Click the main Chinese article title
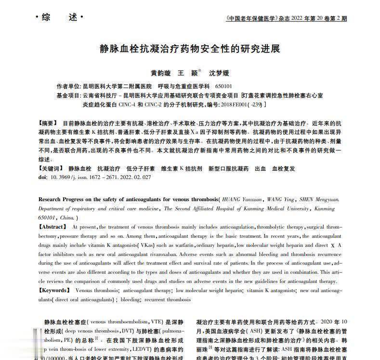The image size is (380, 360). pos(190,49)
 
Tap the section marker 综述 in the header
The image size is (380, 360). pos(59,18)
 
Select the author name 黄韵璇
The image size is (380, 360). pos(160,73)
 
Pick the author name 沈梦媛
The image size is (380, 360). pos(219,73)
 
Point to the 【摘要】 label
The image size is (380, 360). pos(47,123)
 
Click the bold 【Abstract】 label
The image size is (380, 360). pos(53,226)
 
